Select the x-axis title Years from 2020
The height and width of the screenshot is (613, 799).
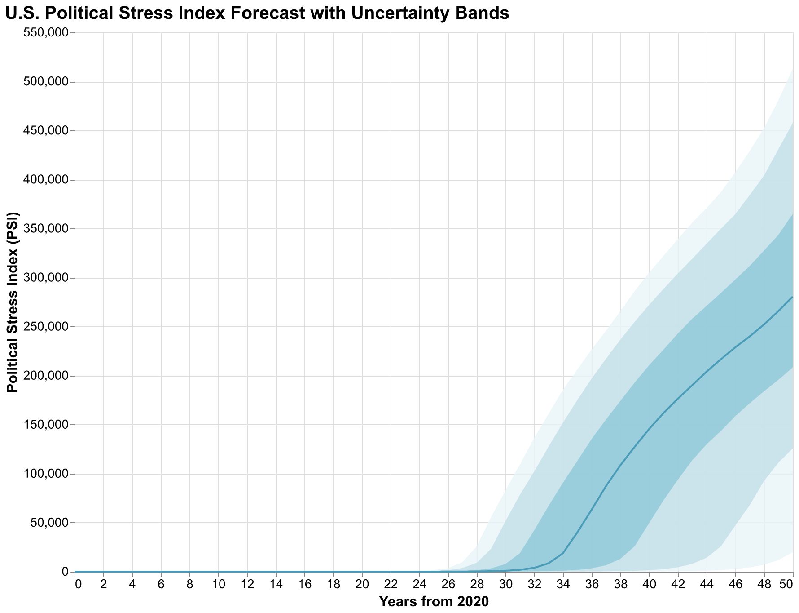434,601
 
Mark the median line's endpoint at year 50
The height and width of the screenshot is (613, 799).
793,297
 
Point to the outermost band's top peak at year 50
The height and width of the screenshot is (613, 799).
793,69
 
